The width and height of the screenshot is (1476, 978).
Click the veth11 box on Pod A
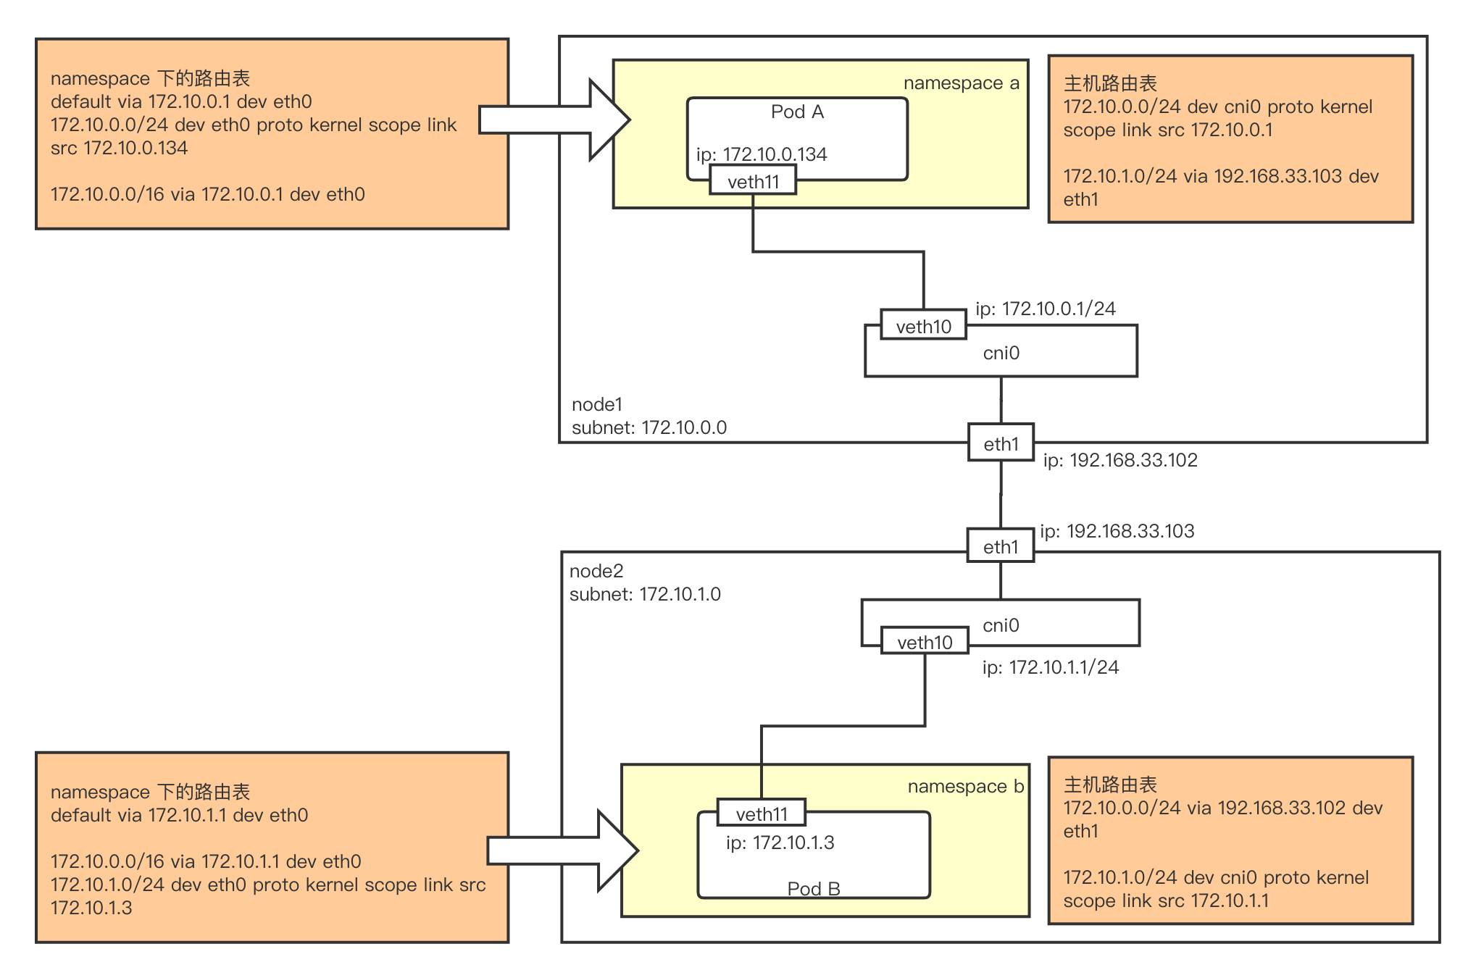click(x=753, y=180)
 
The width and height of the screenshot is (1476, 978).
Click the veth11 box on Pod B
click(x=762, y=813)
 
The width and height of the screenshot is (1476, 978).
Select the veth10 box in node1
click(x=924, y=325)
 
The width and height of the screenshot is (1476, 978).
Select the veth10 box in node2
click(x=925, y=641)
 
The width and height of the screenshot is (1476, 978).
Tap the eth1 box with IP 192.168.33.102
click(x=1001, y=443)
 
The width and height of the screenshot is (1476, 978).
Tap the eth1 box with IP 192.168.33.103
click(x=1001, y=546)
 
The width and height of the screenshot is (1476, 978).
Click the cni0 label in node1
click(x=1001, y=353)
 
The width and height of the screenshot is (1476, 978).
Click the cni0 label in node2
click(x=1001, y=624)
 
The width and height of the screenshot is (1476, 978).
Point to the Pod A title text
click(x=797, y=112)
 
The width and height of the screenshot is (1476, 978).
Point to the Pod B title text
click(x=814, y=888)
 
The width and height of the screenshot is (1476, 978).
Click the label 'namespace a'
click(x=962, y=83)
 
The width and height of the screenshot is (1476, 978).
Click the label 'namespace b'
click(x=966, y=787)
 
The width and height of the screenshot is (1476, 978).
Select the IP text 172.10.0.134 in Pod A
click(x=775, y=154)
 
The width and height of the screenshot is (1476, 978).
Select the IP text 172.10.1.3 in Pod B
click(x=793, y=843)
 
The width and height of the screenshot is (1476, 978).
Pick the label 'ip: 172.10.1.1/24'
click(x=1051, y=667)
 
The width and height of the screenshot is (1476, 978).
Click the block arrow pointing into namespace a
click(x=555, y=120)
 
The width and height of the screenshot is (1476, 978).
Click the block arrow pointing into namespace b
click(x=563, y=850)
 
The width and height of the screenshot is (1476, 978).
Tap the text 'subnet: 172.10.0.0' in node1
click(x=649, y=427)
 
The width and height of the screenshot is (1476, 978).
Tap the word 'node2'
click(x=596, y=571)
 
